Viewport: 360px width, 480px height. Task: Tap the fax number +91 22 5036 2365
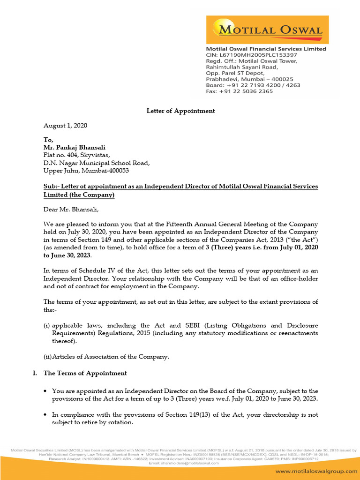246,91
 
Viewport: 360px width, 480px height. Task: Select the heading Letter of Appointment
180,111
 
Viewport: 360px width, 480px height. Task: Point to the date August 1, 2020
65,126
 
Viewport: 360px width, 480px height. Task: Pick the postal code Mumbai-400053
109,171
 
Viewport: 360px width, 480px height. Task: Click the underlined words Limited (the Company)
79,195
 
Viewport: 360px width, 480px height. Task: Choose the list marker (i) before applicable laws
47,325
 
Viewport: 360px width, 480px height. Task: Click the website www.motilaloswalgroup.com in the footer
314,471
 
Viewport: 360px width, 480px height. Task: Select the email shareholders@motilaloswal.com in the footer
180,463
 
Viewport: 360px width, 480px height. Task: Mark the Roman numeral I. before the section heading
34,373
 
